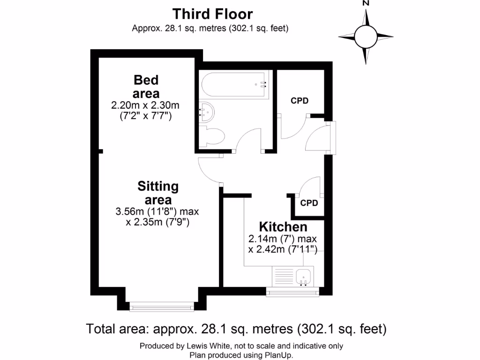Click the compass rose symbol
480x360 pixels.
click(366, 36)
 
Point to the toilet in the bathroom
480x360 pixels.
click(213, 137)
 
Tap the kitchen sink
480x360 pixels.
click(304, 277)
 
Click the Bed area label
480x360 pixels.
click(146, 86)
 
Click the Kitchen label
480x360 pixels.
click(283, 227)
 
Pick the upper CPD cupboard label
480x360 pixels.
click(300, 101)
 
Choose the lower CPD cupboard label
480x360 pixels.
click(309, 203)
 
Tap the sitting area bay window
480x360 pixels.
click(162, 307)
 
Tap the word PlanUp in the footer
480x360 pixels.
click(280, 355)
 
